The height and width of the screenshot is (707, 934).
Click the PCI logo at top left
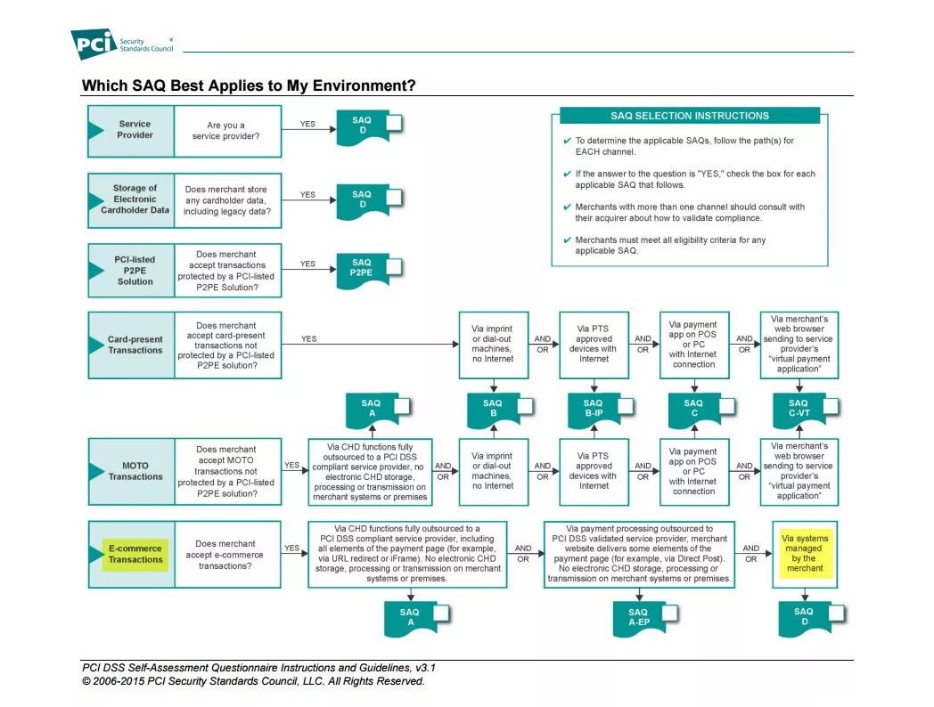pos(94,43)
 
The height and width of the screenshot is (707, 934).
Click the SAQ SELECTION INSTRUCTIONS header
pos(689,116)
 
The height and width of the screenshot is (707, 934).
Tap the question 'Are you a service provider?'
pos(226,130)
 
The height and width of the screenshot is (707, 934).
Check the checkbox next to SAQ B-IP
pos(627,406)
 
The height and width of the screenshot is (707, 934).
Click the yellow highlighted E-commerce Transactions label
pos(135,554)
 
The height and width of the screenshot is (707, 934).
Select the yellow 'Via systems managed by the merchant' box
pos(805,553)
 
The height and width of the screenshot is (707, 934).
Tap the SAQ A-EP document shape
pos(638,617)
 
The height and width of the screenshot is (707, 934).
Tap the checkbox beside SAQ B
pos(525,406)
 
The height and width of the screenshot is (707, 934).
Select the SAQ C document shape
pos(693,408)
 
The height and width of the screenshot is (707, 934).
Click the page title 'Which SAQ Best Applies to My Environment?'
pos(249,85)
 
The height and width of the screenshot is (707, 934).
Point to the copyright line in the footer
pos(253,681)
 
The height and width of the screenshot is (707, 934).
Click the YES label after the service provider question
pos(307,124)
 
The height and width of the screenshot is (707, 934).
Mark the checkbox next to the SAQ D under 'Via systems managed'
pos(836,614)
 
